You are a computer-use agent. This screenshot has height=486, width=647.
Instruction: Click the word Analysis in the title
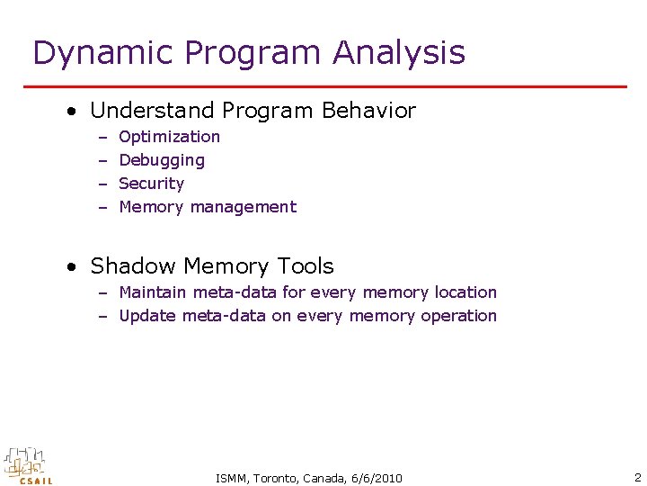[x=399, y=53]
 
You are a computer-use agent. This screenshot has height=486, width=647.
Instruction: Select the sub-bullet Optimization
[x=169, y=137]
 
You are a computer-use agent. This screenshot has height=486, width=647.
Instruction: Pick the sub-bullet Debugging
[x=162, y=160]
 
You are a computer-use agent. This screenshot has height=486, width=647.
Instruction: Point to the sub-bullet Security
[x=151, y=184]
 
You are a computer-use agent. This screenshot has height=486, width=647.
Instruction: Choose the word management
[x=242, y=207]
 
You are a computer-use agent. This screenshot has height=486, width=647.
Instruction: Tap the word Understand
[x=152, y=111]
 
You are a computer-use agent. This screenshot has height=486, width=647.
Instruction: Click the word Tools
[x=306, y=266]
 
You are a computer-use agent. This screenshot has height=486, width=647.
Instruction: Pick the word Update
[x=147, y=316]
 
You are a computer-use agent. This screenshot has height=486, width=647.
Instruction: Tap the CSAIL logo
[x=28, y=465]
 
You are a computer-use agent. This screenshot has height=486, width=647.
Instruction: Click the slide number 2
[x=636, y=477]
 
